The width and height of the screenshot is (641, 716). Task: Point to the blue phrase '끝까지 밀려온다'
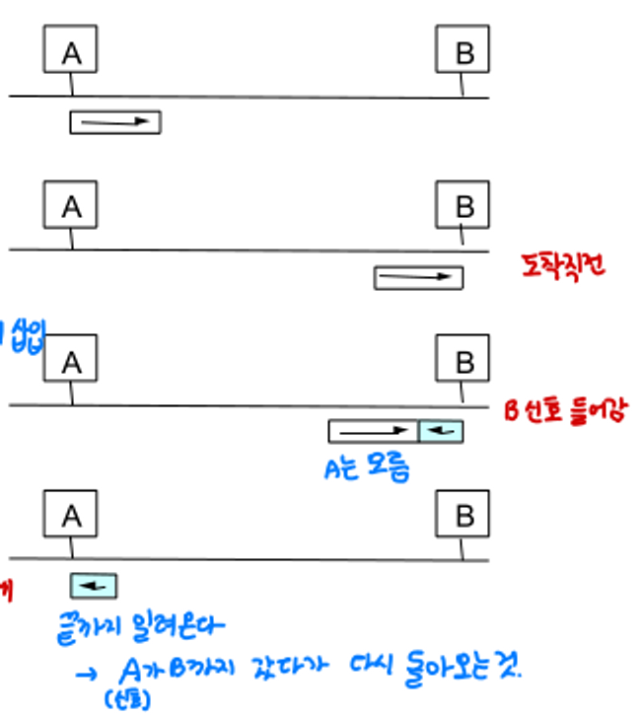[x=142, y=626]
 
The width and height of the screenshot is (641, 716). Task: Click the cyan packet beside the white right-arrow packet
[x=441, y=431]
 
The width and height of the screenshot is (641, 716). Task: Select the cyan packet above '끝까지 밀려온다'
[x=94, y=587]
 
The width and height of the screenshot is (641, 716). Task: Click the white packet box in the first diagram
[x=115, y=122]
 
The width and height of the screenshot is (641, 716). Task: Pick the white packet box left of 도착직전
[x=418, y=278]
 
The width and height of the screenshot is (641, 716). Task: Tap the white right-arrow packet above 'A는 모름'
[x=374, y=431]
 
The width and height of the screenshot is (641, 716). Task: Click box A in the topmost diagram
[x=71, y=50]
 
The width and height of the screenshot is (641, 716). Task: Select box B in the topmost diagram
[x=463, y=50]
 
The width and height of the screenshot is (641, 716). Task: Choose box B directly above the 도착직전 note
[x=463, y=206]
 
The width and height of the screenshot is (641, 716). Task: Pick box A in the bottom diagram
[x=71, y=514]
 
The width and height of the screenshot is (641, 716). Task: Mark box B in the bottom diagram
[x=463, y=514]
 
